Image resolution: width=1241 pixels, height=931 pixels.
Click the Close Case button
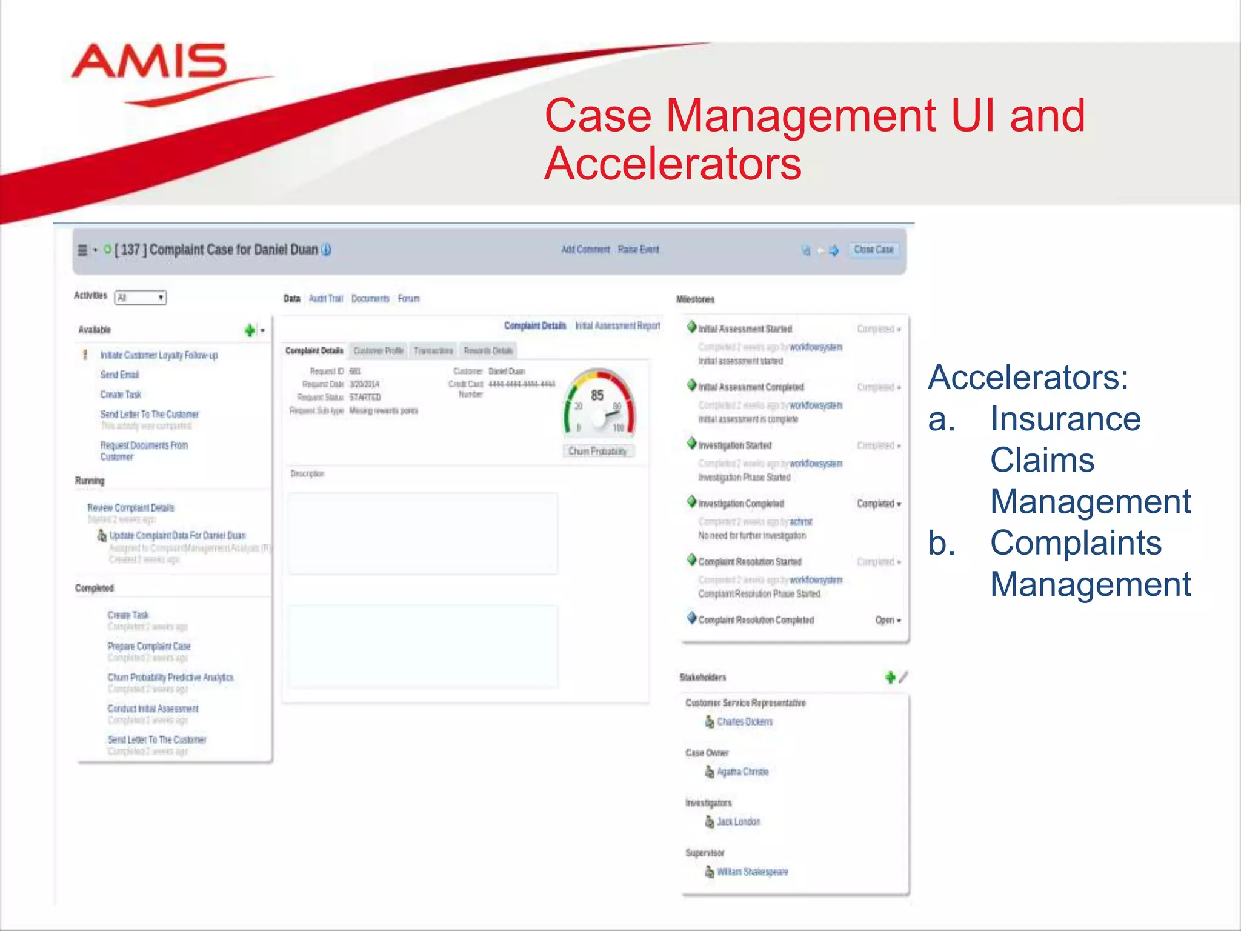[x=873, y=250]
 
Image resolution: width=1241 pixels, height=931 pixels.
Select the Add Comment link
[x=585, y=250]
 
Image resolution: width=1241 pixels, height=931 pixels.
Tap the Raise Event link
[x=638, y=250]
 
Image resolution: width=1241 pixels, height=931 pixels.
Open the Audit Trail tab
[x=325, y=299]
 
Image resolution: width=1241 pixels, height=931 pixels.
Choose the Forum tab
[x=408, y=299]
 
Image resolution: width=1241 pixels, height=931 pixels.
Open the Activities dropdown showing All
[x=141, y=298]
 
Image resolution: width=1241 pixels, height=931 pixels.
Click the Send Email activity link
[x=119, y=375]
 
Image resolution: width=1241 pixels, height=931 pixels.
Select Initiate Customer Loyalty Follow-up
[x=159, y=355]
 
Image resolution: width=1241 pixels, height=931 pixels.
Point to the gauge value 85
[x=597, y=396]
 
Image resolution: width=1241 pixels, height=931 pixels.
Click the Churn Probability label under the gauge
[x=597, y=451]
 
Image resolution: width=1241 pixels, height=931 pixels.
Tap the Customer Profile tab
[x=378, y=351]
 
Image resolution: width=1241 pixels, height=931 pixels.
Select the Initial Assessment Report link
[x=617, y=326]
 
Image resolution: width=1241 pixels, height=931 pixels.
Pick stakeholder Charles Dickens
[x=744, y=722]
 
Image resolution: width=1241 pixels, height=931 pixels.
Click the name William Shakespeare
[x=752, y=872]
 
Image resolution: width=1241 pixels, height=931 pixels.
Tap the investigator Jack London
[x=738, y=822]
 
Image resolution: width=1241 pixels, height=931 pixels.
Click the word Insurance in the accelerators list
[x=1065, y=419]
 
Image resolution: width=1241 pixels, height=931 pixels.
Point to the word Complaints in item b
[x=1076, y=542]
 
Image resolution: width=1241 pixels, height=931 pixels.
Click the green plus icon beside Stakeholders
[x=890, y=677]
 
